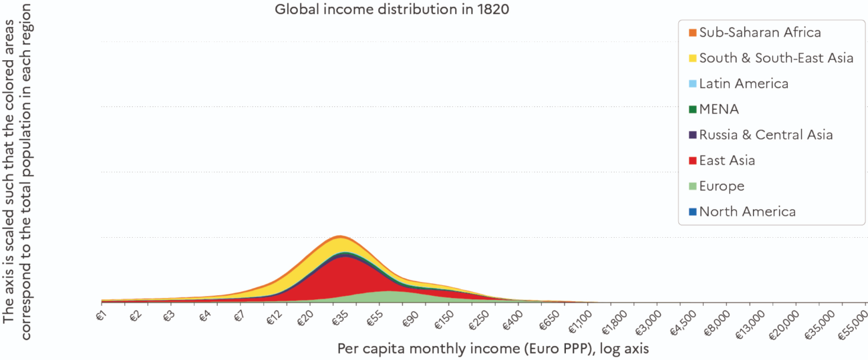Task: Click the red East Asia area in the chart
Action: [x=337, y=277]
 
